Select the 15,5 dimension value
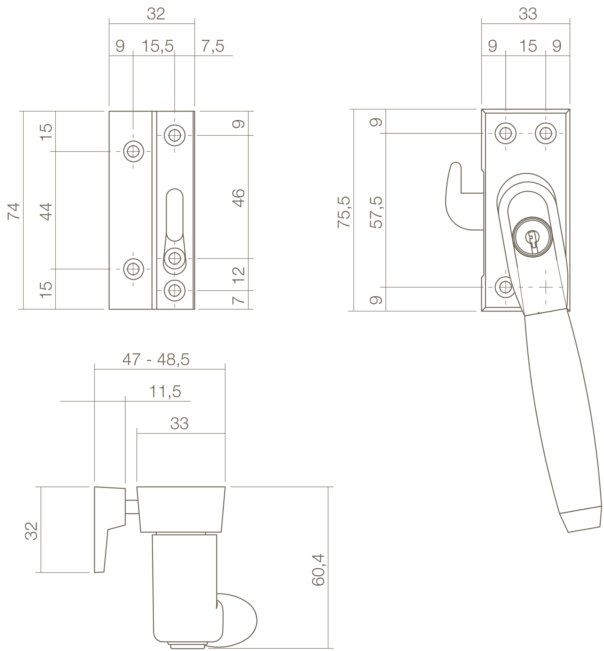tap(157, 46)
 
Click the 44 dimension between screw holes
tap(46, 212)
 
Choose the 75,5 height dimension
tap(344, 212)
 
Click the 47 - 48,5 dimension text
tap(156, 360)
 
